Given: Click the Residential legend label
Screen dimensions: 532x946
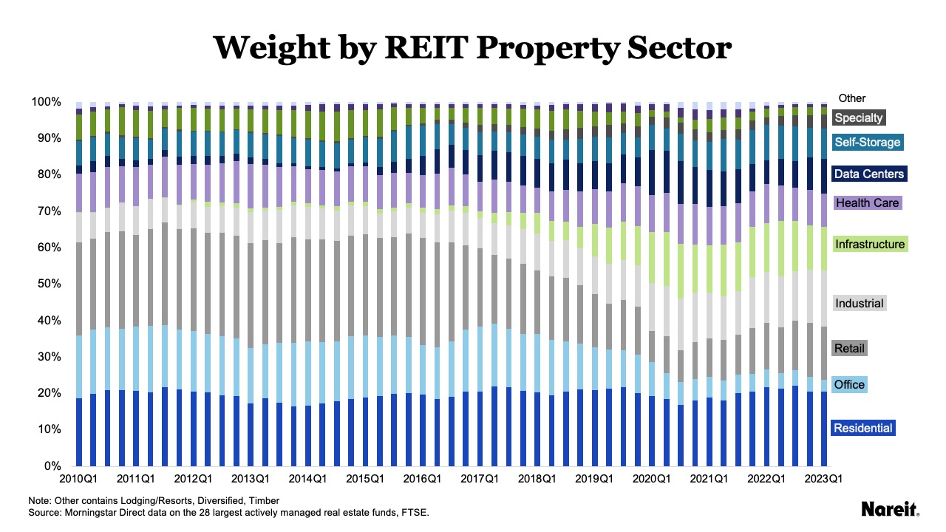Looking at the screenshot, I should point(863,428).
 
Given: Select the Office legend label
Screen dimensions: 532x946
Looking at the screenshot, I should point(848,384).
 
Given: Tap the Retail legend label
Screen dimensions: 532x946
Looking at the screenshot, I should point(849,348).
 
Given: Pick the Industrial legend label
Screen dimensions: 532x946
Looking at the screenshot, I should point(859,303).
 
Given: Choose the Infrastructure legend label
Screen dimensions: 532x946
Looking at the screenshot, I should point(869,244).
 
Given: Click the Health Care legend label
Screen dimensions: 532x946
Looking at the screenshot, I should point(861,202).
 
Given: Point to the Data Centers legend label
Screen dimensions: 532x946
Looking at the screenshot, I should point(868,174).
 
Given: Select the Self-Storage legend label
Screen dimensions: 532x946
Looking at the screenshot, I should point(867,142).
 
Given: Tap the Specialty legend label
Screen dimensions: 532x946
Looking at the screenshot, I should point(858,117).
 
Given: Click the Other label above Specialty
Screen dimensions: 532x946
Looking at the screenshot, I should point(851,98).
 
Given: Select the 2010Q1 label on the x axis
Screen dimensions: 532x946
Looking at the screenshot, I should point(80,479).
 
